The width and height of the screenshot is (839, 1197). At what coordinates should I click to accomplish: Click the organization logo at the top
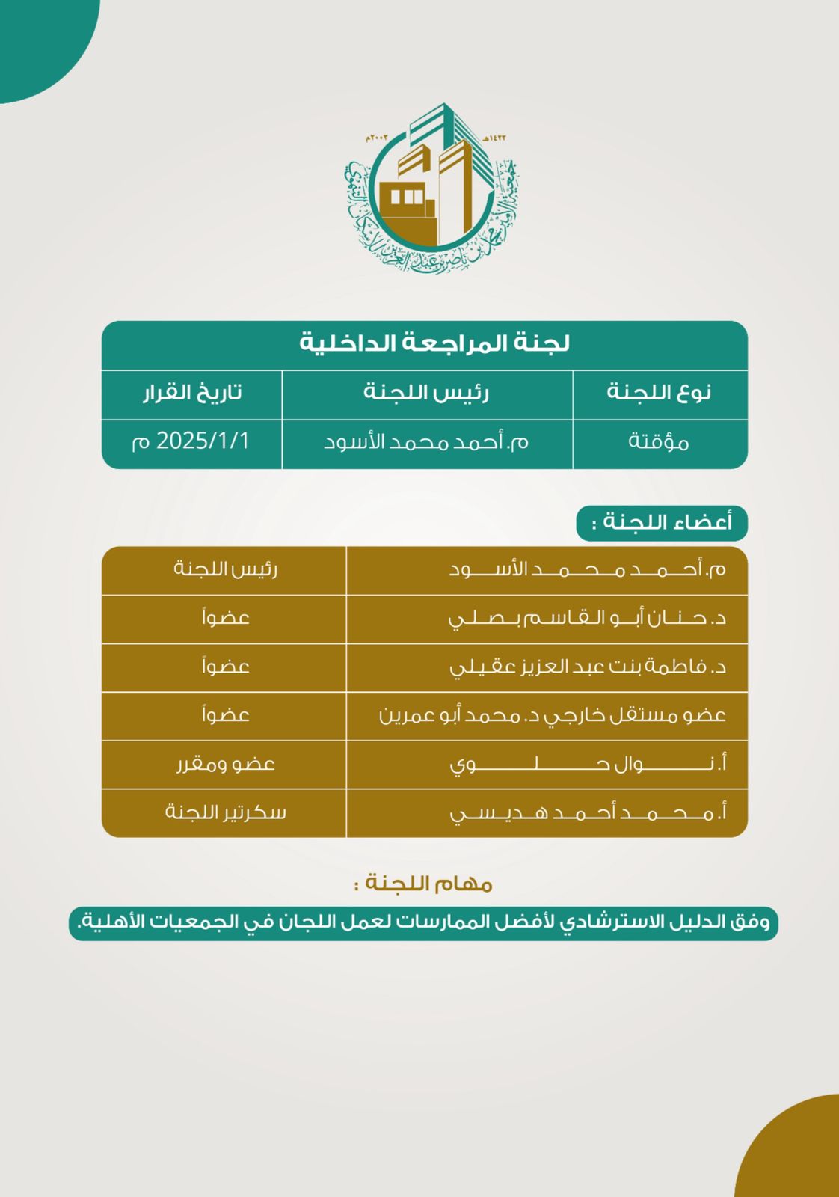[x=431, y=187]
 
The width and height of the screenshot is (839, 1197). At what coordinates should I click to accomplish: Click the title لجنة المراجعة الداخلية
[x=434, y=343]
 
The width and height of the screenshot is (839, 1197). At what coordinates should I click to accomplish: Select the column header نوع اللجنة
[x=659, y=393]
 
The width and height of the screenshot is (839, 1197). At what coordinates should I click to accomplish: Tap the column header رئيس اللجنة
[x=426, y=393]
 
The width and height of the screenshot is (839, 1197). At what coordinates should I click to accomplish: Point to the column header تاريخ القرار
[x=192, y=393]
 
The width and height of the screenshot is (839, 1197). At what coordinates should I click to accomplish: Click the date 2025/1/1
[x=192, y=441]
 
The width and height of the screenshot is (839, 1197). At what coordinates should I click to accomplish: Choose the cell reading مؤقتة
[x=659, y=442]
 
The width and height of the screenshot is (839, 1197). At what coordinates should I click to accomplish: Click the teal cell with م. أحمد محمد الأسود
[x=426, y=442]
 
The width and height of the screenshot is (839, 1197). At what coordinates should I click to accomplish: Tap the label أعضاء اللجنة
[x=662, y=521]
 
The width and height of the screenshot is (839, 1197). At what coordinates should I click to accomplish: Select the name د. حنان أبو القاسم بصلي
[x=588, y=618]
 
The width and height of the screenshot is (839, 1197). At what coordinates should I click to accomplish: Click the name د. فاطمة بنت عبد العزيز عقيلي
[x=588, y=667]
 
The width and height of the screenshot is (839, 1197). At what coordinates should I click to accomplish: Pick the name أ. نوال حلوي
[x=588, y=764]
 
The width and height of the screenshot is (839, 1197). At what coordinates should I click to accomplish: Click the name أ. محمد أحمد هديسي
[x=588, y=812]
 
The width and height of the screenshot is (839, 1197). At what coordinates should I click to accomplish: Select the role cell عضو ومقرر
[x=226, y=764]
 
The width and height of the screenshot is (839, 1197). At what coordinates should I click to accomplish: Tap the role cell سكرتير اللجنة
[x=226, y=812]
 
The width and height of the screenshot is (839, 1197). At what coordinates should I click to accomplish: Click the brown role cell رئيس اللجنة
[x=226, y=569]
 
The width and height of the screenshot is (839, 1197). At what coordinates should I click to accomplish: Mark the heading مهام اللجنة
[x=424, y=884]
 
